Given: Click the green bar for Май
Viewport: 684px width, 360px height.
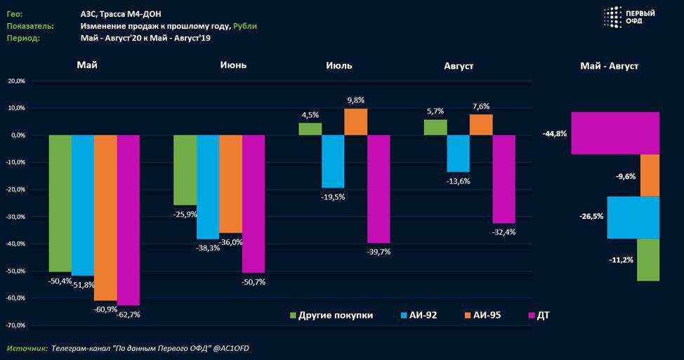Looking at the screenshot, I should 60,203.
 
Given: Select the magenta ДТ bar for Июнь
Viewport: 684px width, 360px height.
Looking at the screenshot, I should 254,204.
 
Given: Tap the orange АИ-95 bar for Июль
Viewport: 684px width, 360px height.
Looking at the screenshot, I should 355,121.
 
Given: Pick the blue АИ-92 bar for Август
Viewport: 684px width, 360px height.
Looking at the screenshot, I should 458,153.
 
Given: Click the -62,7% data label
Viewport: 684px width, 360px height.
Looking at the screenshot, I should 128,315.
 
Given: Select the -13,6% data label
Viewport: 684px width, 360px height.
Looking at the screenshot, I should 458,181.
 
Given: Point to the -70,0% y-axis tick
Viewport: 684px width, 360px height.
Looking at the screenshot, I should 15,326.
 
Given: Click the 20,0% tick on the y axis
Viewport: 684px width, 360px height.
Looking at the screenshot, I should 15,81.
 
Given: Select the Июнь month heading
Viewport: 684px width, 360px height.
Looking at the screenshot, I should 232,65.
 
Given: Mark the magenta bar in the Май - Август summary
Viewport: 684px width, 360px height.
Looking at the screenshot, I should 615,133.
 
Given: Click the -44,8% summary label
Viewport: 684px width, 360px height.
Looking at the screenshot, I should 554,133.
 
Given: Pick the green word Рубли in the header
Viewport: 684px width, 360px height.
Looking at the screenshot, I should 245,26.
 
